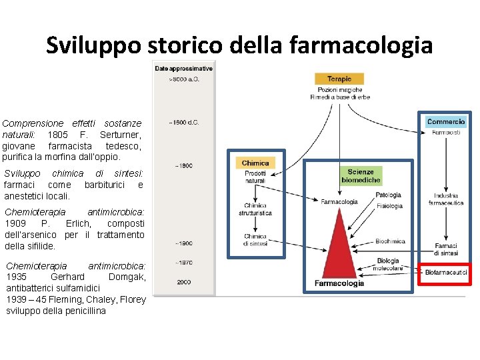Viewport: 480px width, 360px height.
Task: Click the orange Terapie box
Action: [x=339, y=79]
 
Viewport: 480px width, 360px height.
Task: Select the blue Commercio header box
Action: [x=446, y=122]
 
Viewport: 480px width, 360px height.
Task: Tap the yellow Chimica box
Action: [x=255, y=163]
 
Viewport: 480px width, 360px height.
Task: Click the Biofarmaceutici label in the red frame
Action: [x=446, y=273]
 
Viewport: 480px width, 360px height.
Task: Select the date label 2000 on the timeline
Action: [x=184, y=282]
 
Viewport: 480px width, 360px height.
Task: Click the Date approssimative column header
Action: [x=184, y=69]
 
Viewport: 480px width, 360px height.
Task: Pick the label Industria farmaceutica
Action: [x=446, y=199]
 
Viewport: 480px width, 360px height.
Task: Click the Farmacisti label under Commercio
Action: [x=446, y=133]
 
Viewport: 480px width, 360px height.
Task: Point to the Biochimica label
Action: [x=391, y=241]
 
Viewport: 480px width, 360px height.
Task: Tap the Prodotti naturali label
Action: [x=255, y=177]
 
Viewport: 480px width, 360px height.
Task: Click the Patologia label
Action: [x=389, y=195]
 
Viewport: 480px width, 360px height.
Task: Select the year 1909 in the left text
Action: [x=17, y=223]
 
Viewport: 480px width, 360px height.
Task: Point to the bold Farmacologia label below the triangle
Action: [x=339, y=283]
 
